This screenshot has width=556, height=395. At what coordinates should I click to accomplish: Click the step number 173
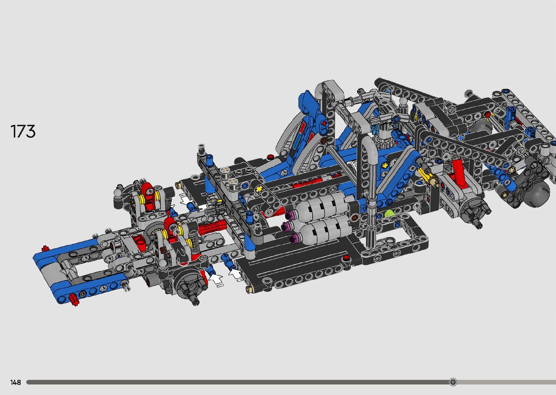point(23,131)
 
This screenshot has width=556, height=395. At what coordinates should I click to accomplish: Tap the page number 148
point(16,382)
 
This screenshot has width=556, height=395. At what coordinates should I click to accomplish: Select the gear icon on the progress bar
point(453,382)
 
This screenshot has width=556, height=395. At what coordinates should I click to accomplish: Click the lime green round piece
point(389,214)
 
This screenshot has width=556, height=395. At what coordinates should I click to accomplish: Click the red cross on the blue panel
point(324,123)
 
